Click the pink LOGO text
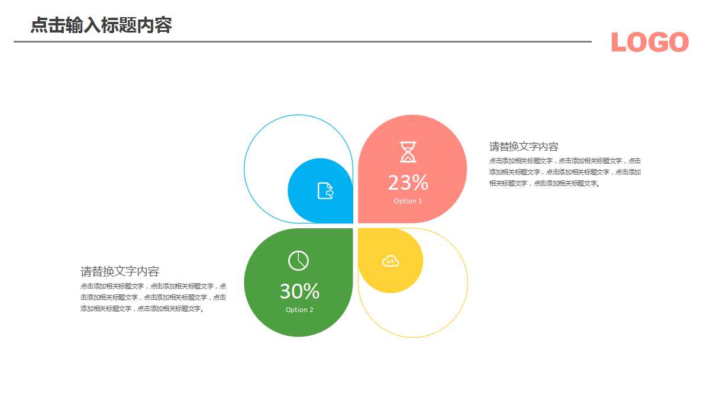click(650, 43)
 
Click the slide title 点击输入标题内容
click(101, 25)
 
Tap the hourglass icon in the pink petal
click(408, 152)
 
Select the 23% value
click(408, 183)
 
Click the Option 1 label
click(408, 201)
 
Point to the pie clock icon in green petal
click(298, 261)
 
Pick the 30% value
click(299, 291)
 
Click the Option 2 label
click(299, 310)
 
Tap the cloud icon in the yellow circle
click(390, 261)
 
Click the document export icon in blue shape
click(325, 191)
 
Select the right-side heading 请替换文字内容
click(524, 147)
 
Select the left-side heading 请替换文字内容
click(120, 272)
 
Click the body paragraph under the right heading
click(564, 172)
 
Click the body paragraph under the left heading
click(153, 297)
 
